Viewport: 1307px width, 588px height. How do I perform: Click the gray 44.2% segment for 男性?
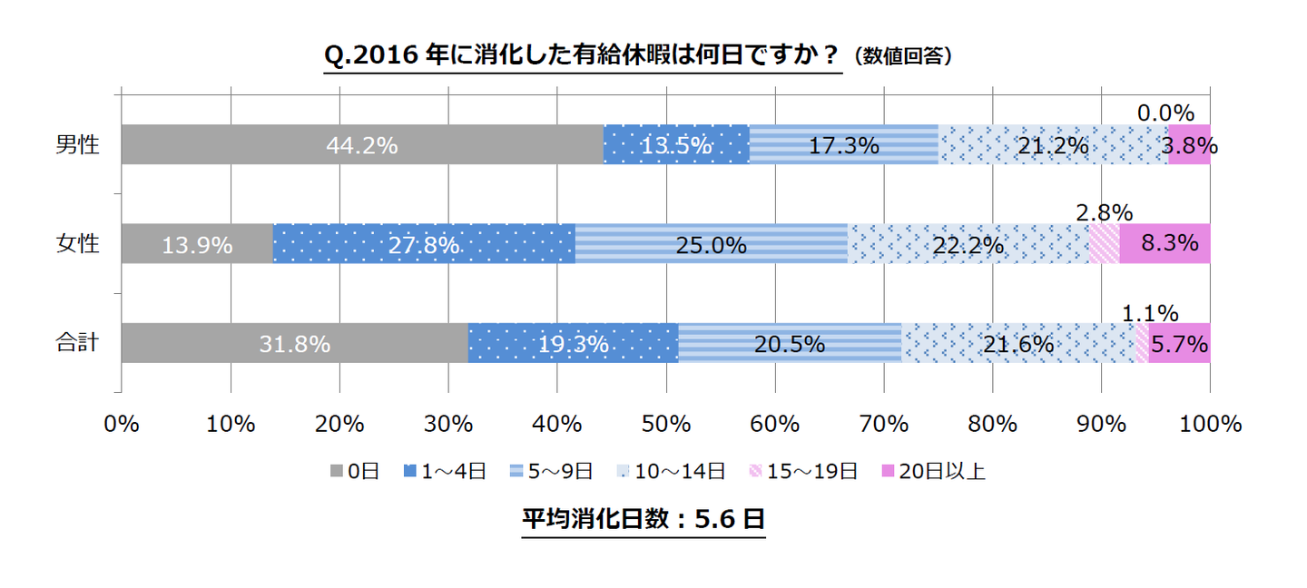[x=362, y=145]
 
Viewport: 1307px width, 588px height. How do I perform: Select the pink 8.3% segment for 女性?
[x=1165, y=244]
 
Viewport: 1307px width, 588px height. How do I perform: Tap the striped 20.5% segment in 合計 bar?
[x=789, y=344]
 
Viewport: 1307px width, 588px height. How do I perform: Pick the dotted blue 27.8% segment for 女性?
[x=424, y=244]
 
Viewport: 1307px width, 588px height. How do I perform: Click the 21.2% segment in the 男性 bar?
[x=1053, y=145]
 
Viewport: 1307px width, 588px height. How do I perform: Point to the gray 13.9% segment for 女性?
[x=197, y=244]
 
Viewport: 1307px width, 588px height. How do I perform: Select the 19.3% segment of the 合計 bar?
[x=573, y=344]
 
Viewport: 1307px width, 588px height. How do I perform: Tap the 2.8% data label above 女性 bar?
[x=1104, y=213]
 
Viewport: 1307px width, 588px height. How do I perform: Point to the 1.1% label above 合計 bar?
[x=1150, y=313]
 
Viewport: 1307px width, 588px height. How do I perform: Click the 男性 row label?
[x=76, y=145]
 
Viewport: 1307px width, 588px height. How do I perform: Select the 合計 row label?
[x=76, y=343]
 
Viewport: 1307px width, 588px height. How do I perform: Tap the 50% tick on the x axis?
[x=666, y=424]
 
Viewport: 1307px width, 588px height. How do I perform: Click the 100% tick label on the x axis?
[x=1210, y=424]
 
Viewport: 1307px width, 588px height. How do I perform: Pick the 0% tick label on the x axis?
[x=121, y=424]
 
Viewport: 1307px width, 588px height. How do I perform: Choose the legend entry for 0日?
[x=354, y=471]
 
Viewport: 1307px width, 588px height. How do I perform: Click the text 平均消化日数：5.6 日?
[x=644, y=519]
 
